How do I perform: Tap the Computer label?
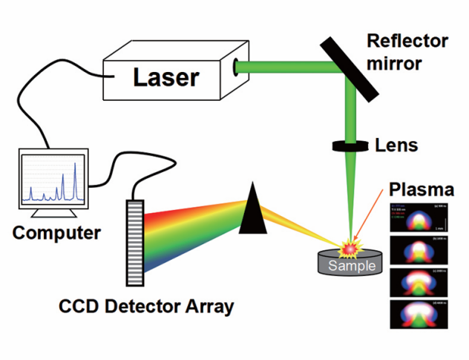tap(56, 232)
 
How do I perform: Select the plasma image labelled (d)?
tap(417, 312)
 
